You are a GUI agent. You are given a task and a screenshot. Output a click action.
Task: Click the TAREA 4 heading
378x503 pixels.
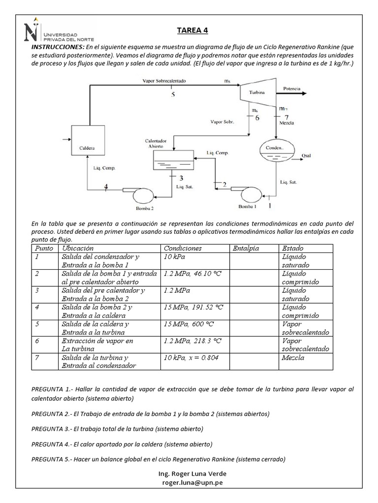192,30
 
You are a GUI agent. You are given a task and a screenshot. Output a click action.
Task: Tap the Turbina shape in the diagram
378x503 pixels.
255,92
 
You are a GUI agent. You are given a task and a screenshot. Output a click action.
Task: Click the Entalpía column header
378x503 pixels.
246,249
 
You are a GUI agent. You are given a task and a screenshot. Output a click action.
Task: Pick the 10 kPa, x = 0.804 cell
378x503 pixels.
191,358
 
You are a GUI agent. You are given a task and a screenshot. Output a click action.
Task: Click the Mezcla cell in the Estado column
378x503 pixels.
293,358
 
